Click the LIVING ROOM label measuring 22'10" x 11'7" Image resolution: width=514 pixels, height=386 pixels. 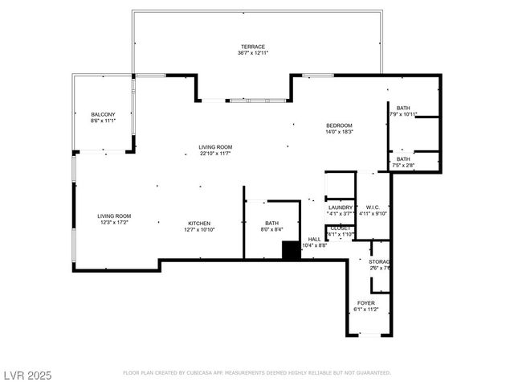tap(215, 146)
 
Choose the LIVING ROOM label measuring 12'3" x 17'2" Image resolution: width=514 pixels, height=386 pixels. tap(114, 216)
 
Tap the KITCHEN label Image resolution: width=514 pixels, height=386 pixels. tap(199, 223)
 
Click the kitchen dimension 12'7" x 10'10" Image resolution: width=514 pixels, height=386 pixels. tap(199, 229)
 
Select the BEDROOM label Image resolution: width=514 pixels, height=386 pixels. tap(339, 125)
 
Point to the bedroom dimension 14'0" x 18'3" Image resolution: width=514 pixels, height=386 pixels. tap(339, 132)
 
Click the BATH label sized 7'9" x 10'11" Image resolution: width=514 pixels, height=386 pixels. tap(403, 108)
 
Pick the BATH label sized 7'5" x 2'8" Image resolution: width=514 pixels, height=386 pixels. tap(403, 158)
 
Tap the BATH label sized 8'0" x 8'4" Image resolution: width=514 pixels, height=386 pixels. tap(271, 223)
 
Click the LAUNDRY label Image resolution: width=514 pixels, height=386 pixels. tap(341, 207)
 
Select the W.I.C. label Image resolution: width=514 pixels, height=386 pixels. tap(372, 207)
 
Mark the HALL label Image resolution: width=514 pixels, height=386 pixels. tap(314, 239)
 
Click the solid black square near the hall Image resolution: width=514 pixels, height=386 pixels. tap(291, 250)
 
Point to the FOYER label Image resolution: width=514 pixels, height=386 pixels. tap(365, 302)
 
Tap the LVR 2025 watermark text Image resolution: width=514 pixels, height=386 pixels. tap(27, 374)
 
